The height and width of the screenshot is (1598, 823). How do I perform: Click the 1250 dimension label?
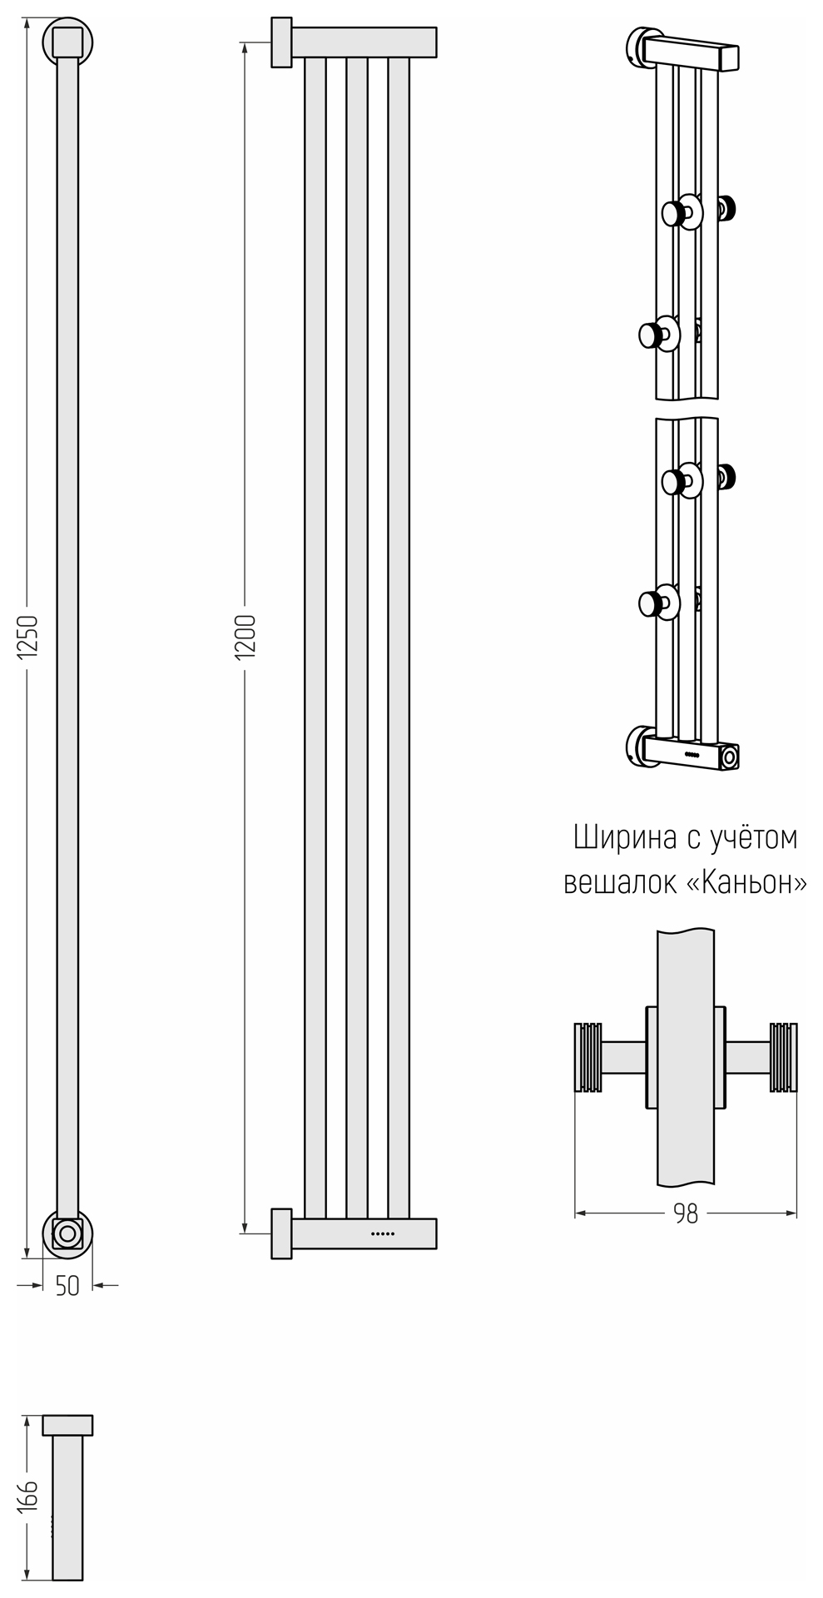pos(28,637)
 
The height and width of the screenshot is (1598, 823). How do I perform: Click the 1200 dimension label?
pos(245,638)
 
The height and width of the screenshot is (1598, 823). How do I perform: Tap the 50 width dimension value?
pos(67,1285)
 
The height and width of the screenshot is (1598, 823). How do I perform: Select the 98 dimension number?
pos(686,1213)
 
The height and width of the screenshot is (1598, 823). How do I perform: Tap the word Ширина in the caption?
pos(625,837)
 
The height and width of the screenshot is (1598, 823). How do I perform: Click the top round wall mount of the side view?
pos(67,41)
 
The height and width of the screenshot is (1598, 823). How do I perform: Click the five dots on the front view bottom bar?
pos(382,1233)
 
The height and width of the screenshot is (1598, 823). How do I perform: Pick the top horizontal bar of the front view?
pos(364,42)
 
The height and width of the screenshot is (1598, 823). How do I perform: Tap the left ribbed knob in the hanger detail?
pos(588,1057)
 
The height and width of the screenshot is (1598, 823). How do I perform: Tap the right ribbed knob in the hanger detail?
pos(783,1057)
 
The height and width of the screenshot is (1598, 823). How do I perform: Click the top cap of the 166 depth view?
pos(67,1425)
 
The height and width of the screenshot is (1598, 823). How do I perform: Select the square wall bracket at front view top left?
pos(281,42)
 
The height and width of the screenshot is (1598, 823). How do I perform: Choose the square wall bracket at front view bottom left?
pos(281,1233)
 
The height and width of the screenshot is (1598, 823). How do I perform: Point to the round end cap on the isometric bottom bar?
pos(730,757)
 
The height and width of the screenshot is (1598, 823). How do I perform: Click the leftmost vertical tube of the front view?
pos(315,638)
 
